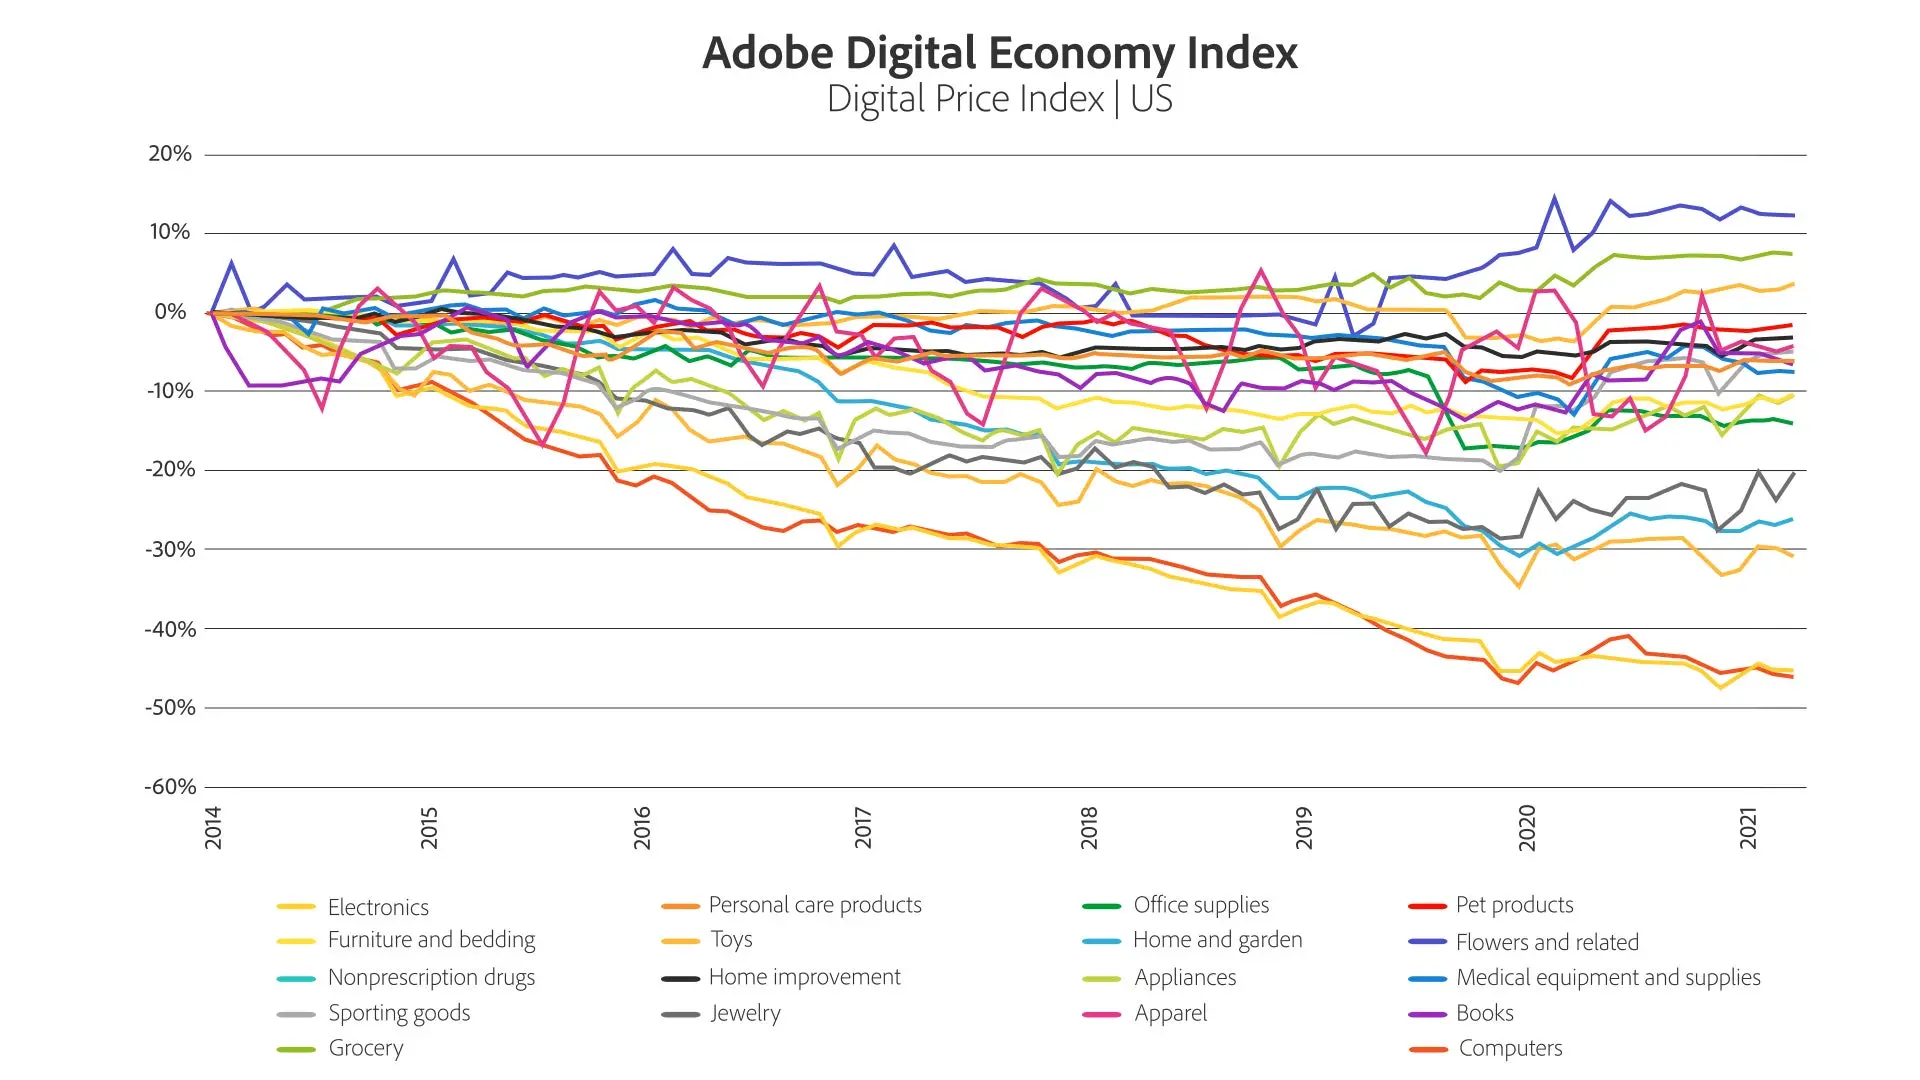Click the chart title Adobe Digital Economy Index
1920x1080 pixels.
pyautogui.click(x=999, y=53)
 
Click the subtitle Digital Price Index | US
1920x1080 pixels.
pyautogui.click(x=999, y=99)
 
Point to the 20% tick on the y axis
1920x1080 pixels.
pyautogui.click(x=170, y=154)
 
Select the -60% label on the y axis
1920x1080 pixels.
pyautogui.click(x=170, y=787)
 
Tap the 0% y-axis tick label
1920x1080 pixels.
pyautogui.click(x=170, y=312)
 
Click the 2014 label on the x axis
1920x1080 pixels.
pyautogui.click(x=213, y=828)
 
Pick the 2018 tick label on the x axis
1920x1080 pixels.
pyautogui.click(x=1089, y=828)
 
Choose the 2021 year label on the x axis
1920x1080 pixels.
pyautogui.click(x=1748, y=828)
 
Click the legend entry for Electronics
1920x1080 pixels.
pyautogui.click(x=378, y=907)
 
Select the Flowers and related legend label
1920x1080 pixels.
pyautogui.click(x=1547, y=942)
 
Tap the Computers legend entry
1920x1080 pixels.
pyautogui.click(x=1510, y=1048)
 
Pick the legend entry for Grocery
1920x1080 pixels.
pyautogui.click(x=366, y=1048)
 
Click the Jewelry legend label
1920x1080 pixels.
pyautogui.click(x=745, y=1013)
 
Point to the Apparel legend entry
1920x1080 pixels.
pyautogui.click(x=1170, y=1013)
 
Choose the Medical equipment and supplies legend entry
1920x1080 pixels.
pyautogui.click(x=1608, y=977)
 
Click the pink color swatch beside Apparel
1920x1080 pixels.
pyautogui.click(x=1101, y=1015)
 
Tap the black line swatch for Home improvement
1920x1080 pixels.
pyautogui.click(x=680, y=979)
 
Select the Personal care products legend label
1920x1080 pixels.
pyautogui.click(x=815, y=905)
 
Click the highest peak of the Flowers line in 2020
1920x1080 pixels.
pyautogui.click(x=1554, y=197)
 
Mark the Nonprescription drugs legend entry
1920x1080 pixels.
pyautogui.click(x=431, y=977)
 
